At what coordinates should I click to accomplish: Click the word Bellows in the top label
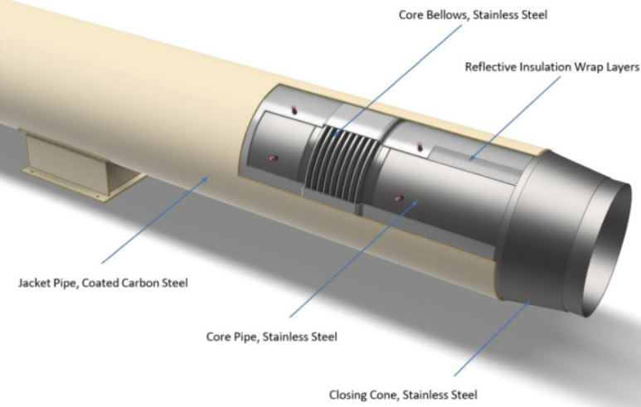449,14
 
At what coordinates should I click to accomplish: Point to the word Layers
622,67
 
